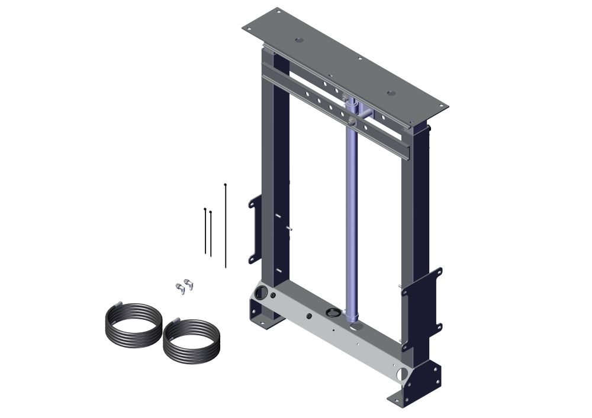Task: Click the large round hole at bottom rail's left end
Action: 260,292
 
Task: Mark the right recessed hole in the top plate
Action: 390,92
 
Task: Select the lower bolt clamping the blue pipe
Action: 352,122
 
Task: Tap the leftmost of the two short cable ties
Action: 205,231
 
